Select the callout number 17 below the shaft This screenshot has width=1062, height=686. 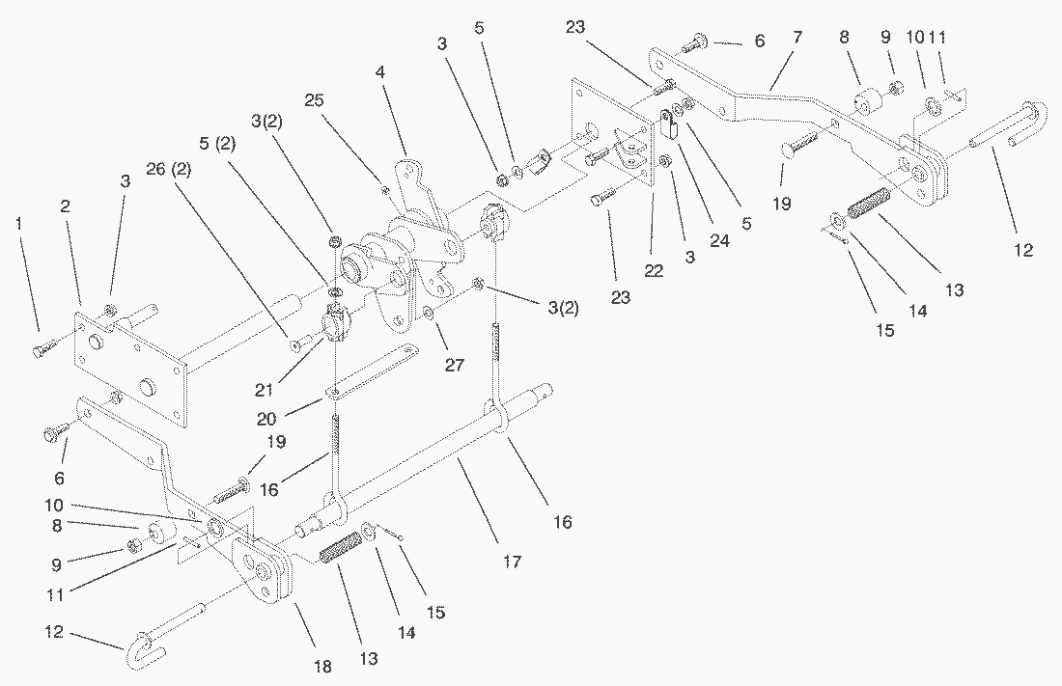pyautogui.click(x=512, y=561)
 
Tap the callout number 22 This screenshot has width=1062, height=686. pyautogui.click(x=655, y=273)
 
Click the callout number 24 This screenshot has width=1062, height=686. pyautogui.click(x=718, y=242)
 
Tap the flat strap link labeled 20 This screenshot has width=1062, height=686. pyautogui.click(x=373, y=369)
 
